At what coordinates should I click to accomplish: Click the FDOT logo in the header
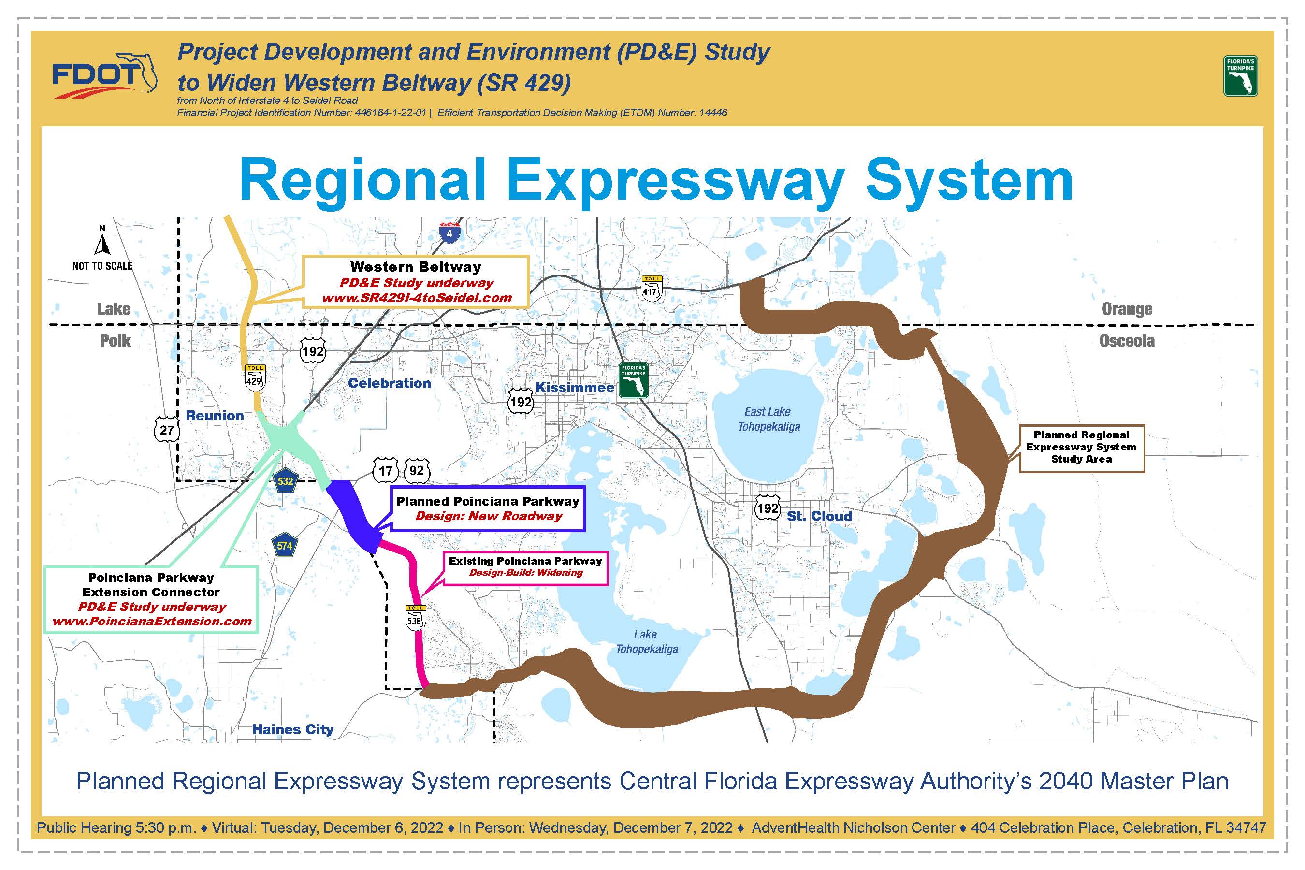tap(105, 75)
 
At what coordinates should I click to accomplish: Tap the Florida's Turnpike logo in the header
tap(1241, 75)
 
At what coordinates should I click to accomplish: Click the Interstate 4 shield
tap(449, 232)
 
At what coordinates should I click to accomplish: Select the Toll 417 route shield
tap(651, 288)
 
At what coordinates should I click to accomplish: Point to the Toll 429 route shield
tap(255, 377)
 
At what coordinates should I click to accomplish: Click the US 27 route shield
tap(166, 430)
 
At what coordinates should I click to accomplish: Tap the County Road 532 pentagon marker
tap(285, 480)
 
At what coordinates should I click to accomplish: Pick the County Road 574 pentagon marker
tap(285, 545)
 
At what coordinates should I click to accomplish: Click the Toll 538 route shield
tap(415, 617)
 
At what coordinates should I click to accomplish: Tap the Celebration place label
tap(390, 383)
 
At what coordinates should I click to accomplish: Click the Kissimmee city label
tap(575, 388)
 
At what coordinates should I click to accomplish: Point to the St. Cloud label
tap(820, 516)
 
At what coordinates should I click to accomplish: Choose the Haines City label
tap(293, 729)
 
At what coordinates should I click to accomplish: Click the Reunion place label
tap(215, 416)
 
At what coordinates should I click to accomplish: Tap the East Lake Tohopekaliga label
tap(768, 419)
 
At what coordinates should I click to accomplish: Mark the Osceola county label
tap(1127, 341)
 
